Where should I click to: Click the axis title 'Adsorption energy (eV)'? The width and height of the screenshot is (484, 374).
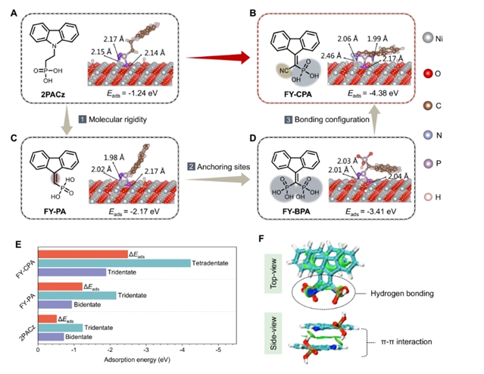129,361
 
